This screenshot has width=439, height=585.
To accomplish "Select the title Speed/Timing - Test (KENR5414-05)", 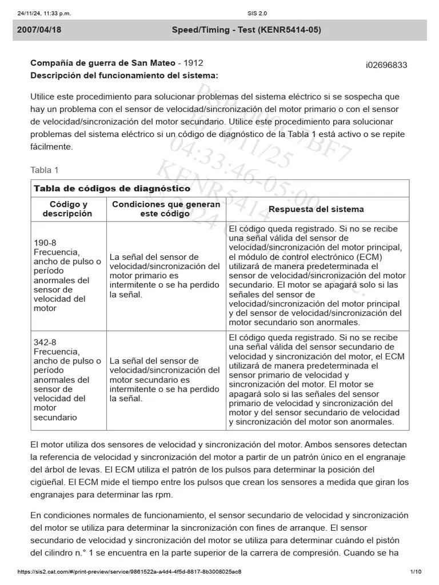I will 246,30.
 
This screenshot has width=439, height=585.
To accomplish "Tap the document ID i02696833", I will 386,65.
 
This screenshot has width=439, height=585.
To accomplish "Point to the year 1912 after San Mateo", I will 193,63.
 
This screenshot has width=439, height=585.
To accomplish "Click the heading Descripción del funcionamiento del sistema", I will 123,75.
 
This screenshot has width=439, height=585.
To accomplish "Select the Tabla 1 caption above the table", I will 44,170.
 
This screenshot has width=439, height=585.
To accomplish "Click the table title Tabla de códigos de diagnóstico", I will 112,189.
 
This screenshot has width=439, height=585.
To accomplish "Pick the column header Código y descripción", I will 68,209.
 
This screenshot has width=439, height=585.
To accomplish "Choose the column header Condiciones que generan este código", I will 165,209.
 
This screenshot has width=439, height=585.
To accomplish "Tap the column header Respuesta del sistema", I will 316,209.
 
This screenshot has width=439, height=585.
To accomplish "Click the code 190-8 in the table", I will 45,243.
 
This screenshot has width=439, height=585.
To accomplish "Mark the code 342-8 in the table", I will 45,342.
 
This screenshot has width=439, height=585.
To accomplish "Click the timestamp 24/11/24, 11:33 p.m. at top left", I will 44,13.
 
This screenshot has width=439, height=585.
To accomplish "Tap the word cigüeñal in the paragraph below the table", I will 47,482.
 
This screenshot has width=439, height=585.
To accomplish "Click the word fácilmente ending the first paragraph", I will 51,146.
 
